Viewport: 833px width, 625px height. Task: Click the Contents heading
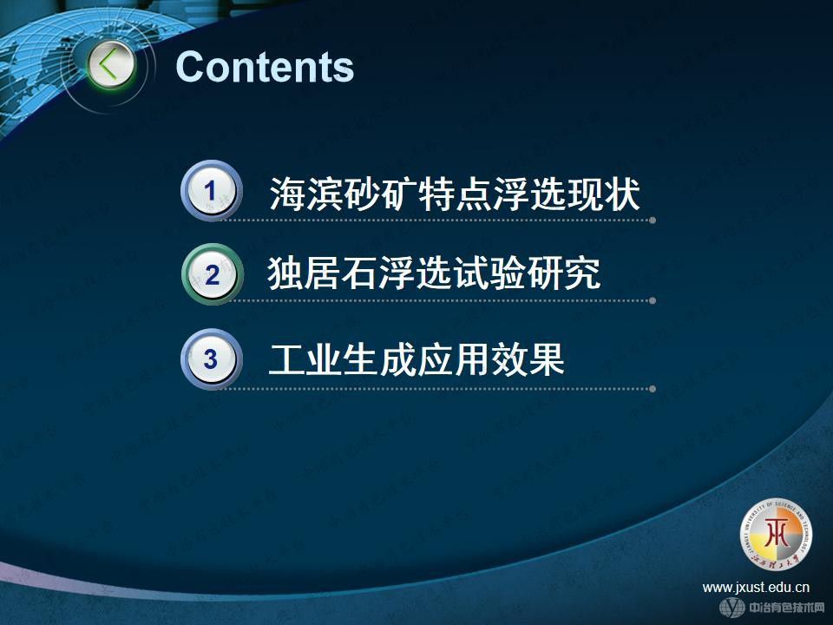pyautogui.click(x=265, y=67)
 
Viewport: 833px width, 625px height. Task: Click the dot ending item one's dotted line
pyautogui.click(x=652, y=220)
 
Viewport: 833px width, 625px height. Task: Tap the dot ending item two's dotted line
pyautogui.click(x=652, y=301)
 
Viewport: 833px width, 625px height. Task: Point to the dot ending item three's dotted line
pyautogui.click(x=652, y=389)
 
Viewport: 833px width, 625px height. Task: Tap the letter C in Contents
pyautogui.click(x=191, y=67)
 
